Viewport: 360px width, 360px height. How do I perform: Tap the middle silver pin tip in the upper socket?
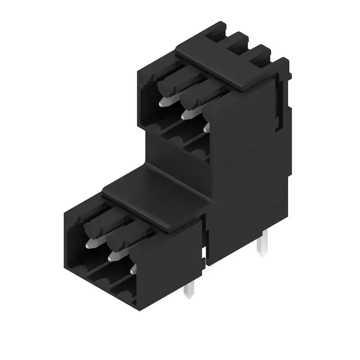pyautogui.click(x=187, y=114)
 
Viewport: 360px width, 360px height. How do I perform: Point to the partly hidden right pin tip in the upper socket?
pyautogui.click(x=206, y=128)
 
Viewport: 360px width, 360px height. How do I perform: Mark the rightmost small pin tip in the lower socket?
pyautogui.click(x=133, y=270)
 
